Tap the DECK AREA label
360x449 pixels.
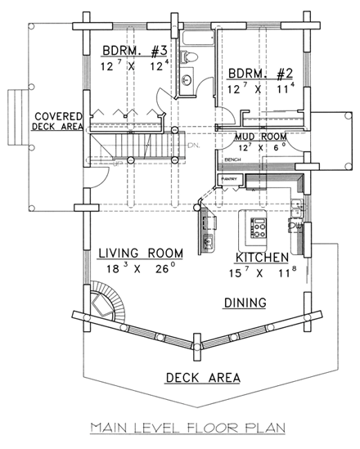click(202, 377)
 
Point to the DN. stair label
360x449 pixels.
click(194, 146)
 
